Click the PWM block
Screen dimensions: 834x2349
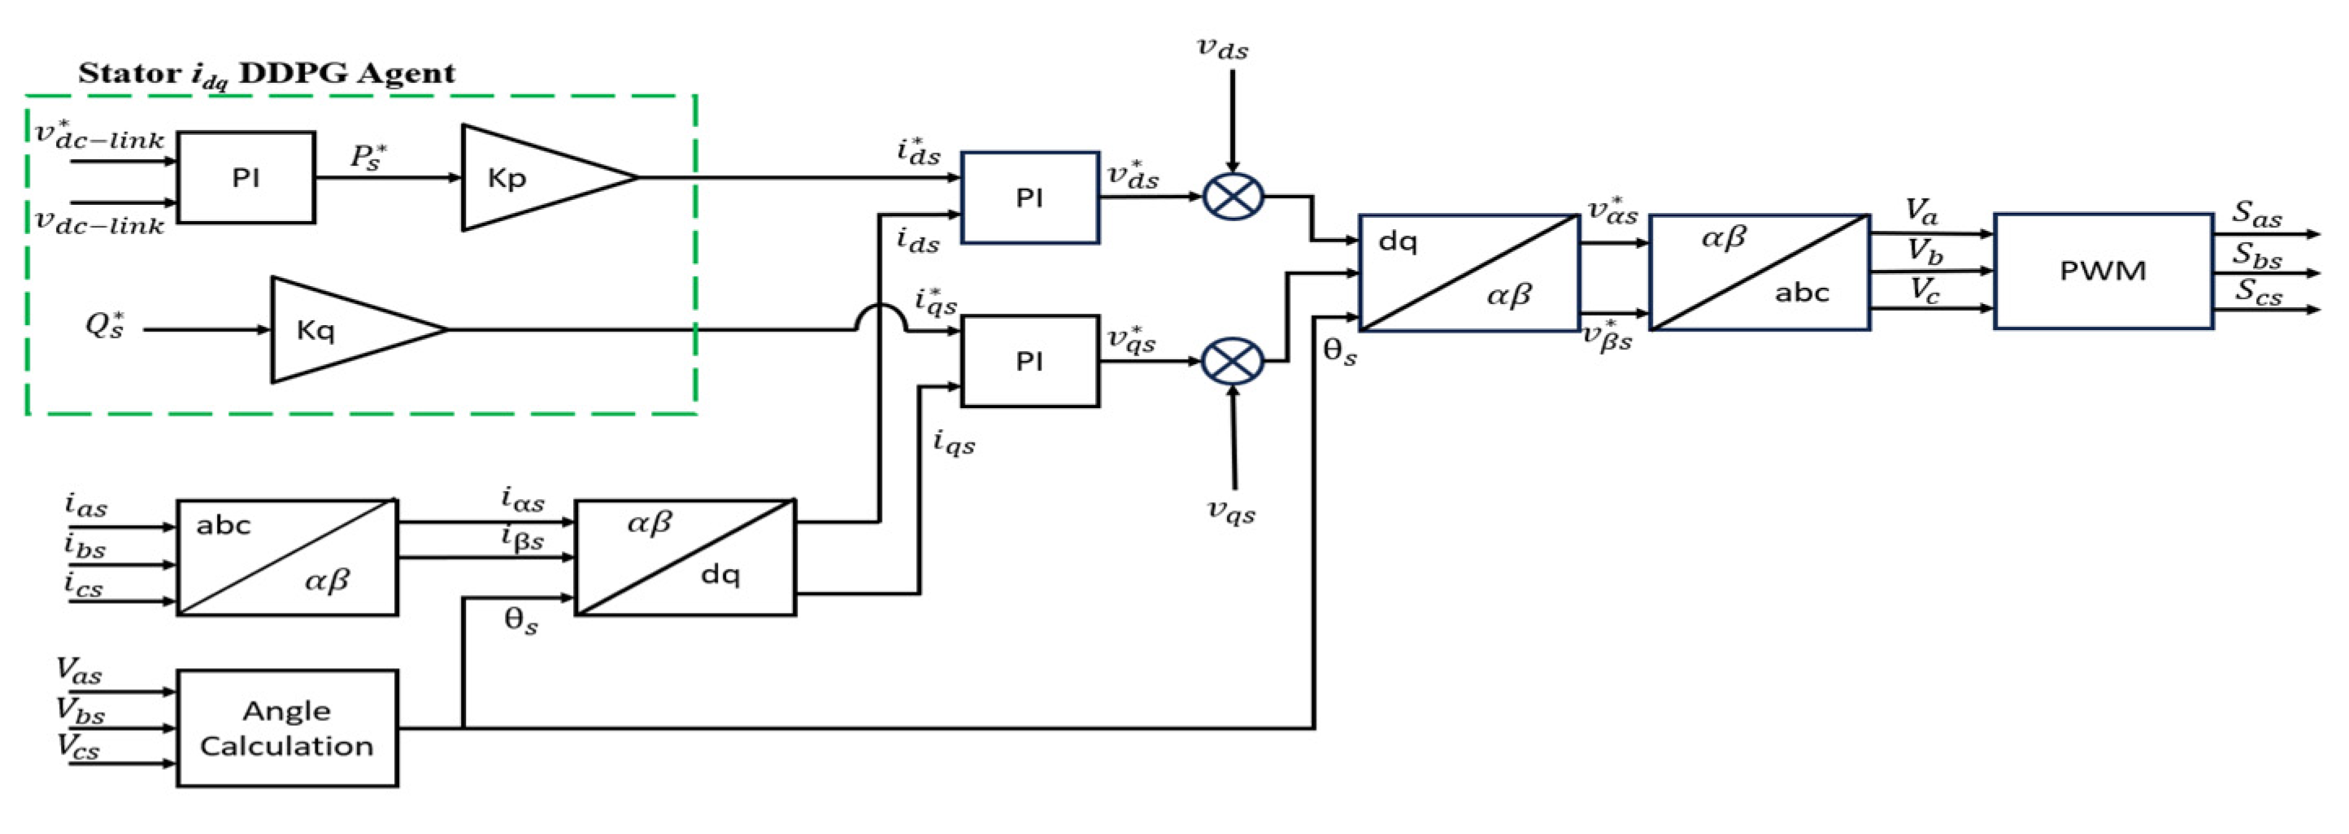click(2103, 271)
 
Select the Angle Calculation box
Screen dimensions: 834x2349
click(287, 728)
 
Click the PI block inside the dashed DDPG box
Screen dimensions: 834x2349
click(246, 178)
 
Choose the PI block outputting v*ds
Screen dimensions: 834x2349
click(1029, 198)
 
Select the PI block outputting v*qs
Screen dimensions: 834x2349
click(1029, 362)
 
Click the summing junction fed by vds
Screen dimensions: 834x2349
click(1233, 196)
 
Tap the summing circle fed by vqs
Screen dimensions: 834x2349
click(1233, 361)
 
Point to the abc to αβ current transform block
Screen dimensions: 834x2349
click(287, 557)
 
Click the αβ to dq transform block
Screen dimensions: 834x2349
click(685, 557)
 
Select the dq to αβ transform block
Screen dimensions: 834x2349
click(1468, 272)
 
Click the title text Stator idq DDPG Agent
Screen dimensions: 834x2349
click(265, 73)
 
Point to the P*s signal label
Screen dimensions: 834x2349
click(368, 156)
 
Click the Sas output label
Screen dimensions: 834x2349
click(2256, 215)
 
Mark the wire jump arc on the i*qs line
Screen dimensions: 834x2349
click(880, 317)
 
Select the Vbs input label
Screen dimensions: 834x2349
click(80, 710)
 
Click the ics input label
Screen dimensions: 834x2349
click(83, 584)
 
